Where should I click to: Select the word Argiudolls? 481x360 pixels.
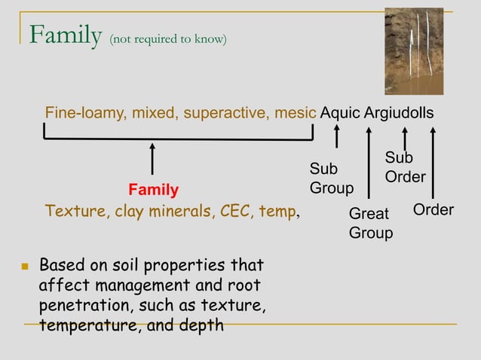point(400,113)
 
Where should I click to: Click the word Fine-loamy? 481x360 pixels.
point(86,113)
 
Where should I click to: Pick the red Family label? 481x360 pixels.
point(153,189)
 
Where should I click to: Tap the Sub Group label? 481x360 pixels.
point(331,178)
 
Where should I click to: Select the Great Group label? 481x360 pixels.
point(370,224)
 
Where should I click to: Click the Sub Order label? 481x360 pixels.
point(405,167)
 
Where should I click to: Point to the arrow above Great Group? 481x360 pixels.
point(369,162)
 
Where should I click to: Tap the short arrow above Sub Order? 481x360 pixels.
point(405,137)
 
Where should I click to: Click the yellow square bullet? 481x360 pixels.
point(25,267)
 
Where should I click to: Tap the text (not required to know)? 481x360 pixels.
point(168,39)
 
